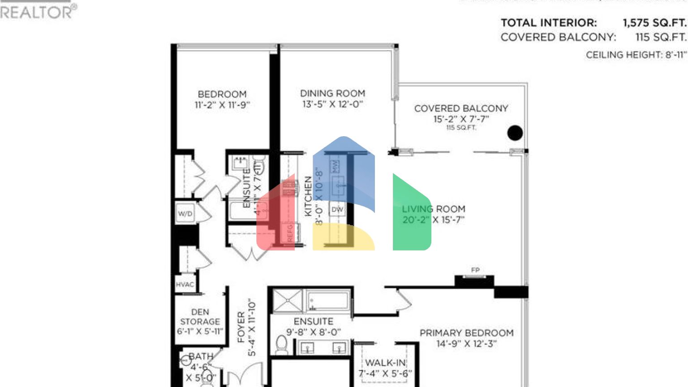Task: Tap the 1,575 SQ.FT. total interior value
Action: pyautogui.click(x=654, y=23)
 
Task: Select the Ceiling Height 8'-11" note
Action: pyautogui.click(x=636, y=55)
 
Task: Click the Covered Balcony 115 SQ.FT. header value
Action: pyautogui.click(x=660, y=37)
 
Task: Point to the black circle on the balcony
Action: pyautogui.click(x=515, y=133)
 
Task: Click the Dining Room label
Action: pyautogui.click(x=332, y=93)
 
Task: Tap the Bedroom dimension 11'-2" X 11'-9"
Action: pyautogui.click(x=222, y=105)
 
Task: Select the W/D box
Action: pyautogui.click(x=185, y=214)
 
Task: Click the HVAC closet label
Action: pyautogui.click(x=185, y=284)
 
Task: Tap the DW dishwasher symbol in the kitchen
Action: pyautogui.click(x=337, y=209)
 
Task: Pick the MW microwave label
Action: pyautogui.click(x=335, y=167)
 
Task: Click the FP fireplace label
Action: pyautogui.click(x=475, y=270)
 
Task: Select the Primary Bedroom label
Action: pyautogui.click(x=466, y=333)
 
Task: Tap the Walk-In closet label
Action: pyautogui.click(x=385, y=363)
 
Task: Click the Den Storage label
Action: pyautogui.click(x=200, y=317)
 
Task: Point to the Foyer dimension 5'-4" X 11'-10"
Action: pyautogui.click(x=252, y=328)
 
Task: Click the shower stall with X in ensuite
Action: pyautogui.click(x=288, y=301)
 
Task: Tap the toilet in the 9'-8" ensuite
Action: pyautogui.click(x=281, y=345)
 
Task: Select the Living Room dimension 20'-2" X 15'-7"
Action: pyautogui.click(x=433, y=220)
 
